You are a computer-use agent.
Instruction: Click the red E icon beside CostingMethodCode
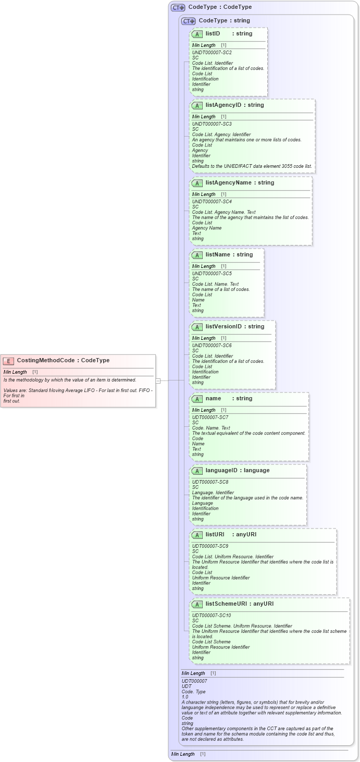point(8,361)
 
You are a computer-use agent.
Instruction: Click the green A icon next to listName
point(197,255)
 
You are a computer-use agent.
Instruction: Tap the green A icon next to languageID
point(197,471)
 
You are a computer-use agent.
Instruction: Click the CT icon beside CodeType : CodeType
point(178,8)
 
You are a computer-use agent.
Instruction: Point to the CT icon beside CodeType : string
point(188,21)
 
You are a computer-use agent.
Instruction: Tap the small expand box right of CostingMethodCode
point(158,380)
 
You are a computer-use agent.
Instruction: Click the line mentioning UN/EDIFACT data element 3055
point(252,166)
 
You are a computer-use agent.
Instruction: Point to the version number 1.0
point(185,697)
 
